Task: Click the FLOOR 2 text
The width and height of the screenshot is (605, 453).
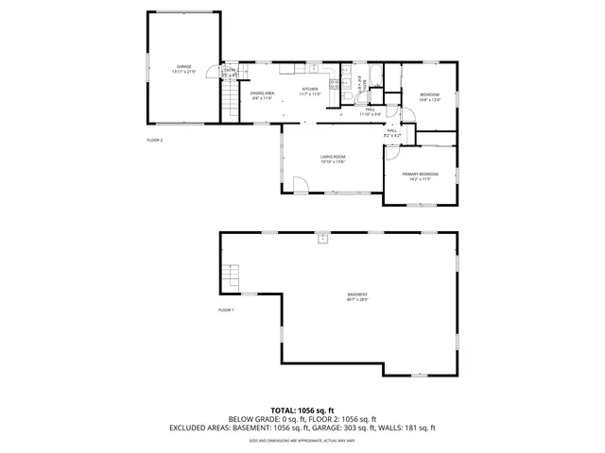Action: click(154, 141)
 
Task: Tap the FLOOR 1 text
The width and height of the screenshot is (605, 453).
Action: click(226, 310)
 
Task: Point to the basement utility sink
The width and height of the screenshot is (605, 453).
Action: click(323, 238)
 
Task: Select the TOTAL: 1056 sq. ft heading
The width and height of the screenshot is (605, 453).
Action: click(302, 411)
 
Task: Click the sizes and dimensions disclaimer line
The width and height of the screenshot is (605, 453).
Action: click(302, 440)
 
